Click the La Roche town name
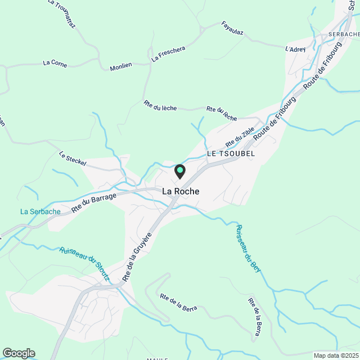pyautogui.click(x=181, y=191)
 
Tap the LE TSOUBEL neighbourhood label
pyautogui.click(x=231, y=153)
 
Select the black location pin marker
pyautogui.click(x=180, y=171)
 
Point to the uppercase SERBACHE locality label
pyautogui.click(x=343, y=34)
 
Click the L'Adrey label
pyautogui.click(x=295, y=49)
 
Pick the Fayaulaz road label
pyautogui.click(x=232, y=28)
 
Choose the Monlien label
pyautogui.click(x=121, y=65)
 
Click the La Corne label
pyautogui.click(x=55, y=64)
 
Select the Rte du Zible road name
pyautogui.click(x=240, y=137)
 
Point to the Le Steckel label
pyautogui.click(x=73, y=159)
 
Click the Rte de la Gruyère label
pyautogui.click(x=137, y=258)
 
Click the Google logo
pyautogui.click(x=18, y=353)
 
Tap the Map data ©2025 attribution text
pyautogui.click(x=335, y=355)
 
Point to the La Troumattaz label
pyautogui.click(x=61, y=13)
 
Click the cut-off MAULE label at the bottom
pyautogui.click(x=158, y=358)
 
